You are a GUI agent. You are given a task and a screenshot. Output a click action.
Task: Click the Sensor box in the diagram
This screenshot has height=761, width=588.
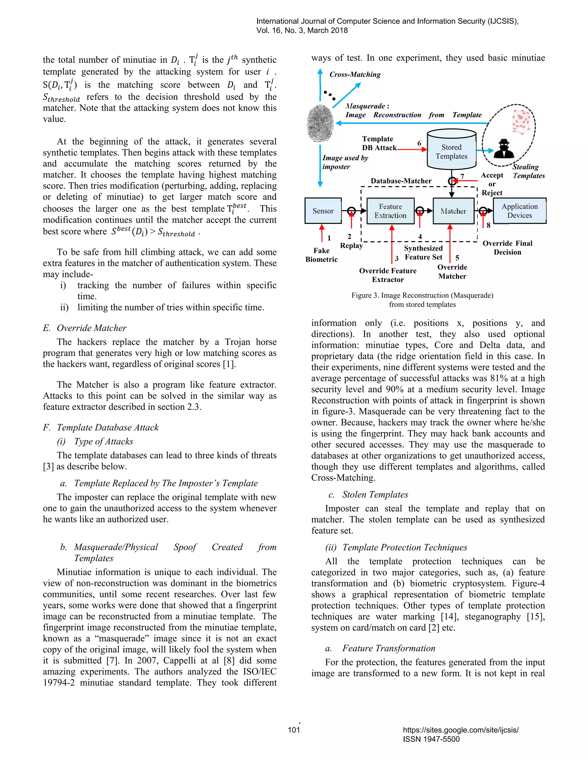323,211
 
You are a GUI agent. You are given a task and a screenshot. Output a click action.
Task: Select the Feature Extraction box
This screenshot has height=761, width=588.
390,211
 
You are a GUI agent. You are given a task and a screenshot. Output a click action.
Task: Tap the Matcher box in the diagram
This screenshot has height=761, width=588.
453,211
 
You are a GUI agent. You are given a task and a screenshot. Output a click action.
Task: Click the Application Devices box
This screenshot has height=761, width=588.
519,211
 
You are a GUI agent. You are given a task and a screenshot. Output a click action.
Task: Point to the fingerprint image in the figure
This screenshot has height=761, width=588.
320,124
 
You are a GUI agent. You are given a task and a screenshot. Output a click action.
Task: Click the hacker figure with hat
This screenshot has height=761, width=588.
503,149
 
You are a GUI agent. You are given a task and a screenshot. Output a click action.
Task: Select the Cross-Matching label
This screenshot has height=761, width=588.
355,74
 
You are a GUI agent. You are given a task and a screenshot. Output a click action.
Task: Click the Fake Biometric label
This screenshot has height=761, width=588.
321,255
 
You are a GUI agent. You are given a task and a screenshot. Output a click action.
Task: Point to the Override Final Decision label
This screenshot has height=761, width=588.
507,248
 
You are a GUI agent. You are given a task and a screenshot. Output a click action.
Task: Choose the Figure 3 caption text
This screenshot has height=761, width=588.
422,300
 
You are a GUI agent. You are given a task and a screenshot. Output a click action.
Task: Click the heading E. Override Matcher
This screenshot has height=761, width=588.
85,328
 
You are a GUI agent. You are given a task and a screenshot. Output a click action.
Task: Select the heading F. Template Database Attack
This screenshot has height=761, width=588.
101,428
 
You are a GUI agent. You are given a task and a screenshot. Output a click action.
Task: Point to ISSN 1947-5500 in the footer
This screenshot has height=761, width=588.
431,739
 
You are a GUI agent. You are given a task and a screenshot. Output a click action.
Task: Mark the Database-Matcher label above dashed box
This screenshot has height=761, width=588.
401,181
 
